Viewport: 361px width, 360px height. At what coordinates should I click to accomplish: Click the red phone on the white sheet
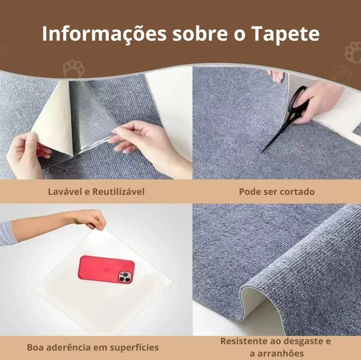tap(106, 269)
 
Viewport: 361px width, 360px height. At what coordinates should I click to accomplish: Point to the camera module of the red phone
tap(125, 277)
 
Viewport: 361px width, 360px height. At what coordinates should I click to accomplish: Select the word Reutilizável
tap(118, 191)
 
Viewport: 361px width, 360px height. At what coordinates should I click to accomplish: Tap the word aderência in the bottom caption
tap(69, 347)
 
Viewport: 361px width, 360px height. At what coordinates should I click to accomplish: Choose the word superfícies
tap(134, 347)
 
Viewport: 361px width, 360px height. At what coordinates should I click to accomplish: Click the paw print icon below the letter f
tap(73, 69)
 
